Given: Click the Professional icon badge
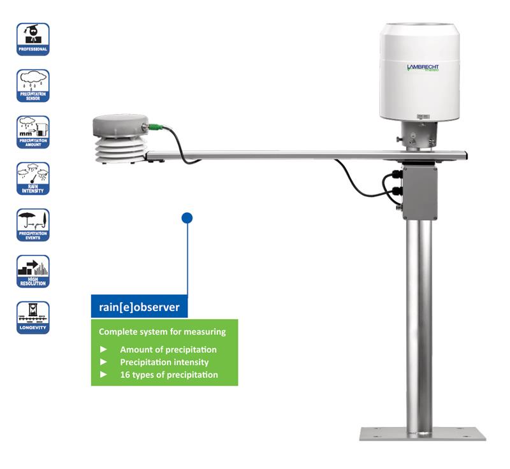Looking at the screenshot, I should pos(33,39).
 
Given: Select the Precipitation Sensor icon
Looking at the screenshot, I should pos(33,85).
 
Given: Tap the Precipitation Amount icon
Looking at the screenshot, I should pos(33,132).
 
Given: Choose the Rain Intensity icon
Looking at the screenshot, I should pos(33,178).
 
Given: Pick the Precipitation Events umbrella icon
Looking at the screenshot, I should pos(33,225).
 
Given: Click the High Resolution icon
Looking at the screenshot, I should pos(33,271).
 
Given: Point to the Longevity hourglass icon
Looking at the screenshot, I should pos(33,317).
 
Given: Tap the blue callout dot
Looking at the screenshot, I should pos(187,218).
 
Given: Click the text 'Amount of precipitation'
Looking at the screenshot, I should pos(168,349).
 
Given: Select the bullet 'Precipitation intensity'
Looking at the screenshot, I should pos(164,362).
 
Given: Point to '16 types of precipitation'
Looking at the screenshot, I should pos(169,375).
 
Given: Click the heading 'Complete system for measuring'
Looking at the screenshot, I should pos(162,332).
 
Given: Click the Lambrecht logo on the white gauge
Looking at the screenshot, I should pos(423,68).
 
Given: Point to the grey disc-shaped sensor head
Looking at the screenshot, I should pos(120,126).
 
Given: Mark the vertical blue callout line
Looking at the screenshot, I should pos(187,261).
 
